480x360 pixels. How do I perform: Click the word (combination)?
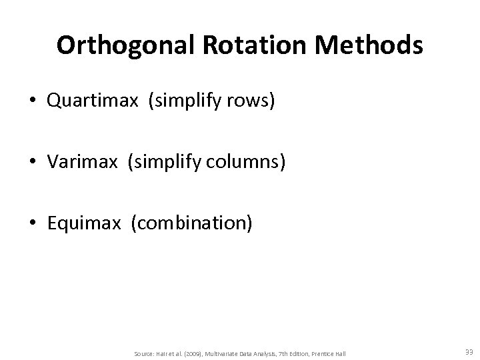tap(192, 222)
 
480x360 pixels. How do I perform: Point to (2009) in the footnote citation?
tap(194, 353)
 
